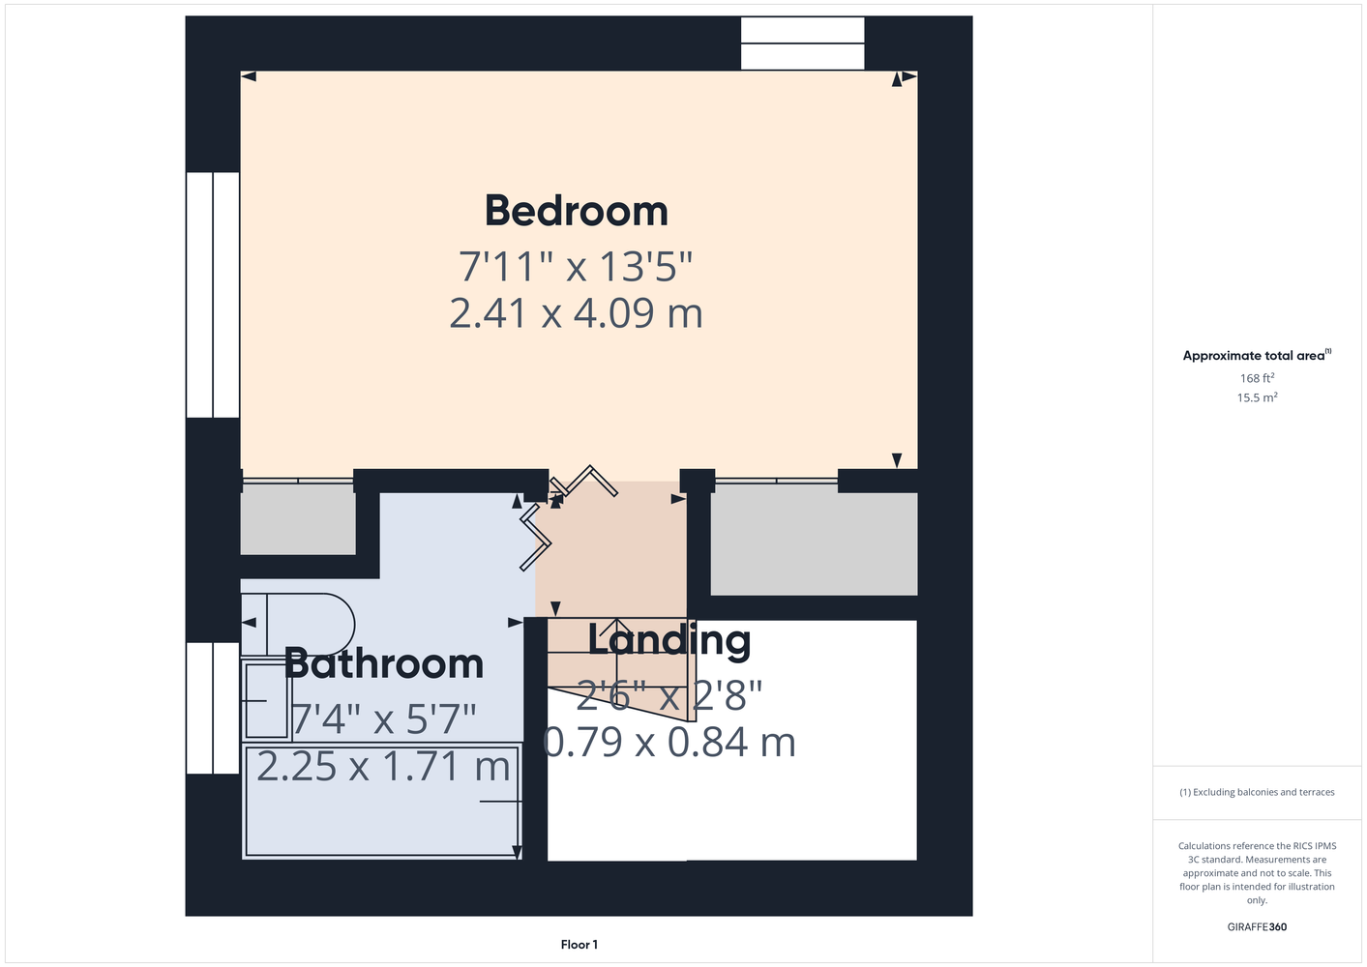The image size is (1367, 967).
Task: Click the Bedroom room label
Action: [x=576, y=211]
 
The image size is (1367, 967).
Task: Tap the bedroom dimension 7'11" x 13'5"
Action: [x=576, y=267]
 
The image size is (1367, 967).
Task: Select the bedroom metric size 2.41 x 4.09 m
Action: [x=576, y=313]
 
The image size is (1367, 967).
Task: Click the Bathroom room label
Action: [x=384, y=663]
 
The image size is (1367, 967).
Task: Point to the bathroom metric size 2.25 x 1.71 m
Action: [x=383, y=766]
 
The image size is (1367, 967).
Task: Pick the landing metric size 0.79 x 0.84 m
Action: [x=669, y=743]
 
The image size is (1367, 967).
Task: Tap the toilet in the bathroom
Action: [x=298, y=624]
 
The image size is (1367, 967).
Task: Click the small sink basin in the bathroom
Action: [x=266, y=700]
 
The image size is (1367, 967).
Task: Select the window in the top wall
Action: [x=803, y=44]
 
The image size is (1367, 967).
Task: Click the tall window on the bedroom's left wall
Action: [x=213, y=295]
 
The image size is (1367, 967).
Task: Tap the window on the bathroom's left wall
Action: [x=213, y=708]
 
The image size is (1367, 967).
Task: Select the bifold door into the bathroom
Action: [x=535, y=537]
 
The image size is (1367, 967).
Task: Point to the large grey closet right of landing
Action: [x=814, y=543]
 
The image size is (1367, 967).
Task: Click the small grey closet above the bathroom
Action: [x=298, y=523]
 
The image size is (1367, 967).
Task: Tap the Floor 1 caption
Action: [x=579, y=945]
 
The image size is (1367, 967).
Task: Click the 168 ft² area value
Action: [x=1257, y=378]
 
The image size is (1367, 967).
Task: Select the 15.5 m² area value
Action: [x=1257, y=397]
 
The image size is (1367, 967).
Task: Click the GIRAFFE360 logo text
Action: [x=1257, y=926]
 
